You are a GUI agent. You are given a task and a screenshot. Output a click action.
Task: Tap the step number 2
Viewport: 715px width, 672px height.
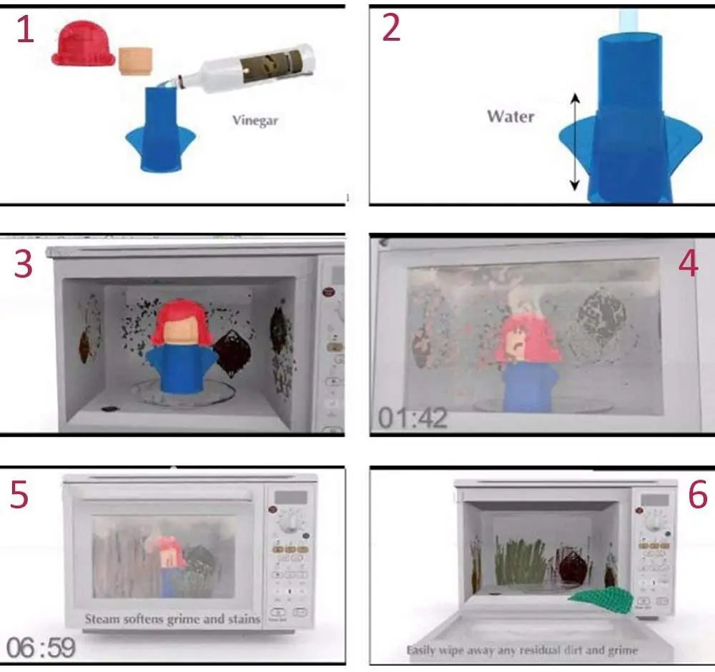[392, 29]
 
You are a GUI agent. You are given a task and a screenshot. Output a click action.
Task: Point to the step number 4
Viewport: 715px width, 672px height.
[688, 264]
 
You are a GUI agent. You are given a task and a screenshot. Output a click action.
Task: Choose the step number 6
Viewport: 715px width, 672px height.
[697, 494]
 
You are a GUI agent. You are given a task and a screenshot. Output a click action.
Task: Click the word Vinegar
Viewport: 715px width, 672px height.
[255, 120]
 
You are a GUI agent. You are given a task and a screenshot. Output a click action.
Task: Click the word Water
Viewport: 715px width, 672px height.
[511, 116]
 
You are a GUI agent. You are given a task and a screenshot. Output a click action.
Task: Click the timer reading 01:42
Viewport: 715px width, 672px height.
[413, 417]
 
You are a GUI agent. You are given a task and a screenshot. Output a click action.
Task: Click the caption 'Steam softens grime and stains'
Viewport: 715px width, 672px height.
[173, 618]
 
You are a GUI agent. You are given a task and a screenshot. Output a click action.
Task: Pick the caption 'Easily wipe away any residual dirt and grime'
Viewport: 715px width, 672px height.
[522, 651]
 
